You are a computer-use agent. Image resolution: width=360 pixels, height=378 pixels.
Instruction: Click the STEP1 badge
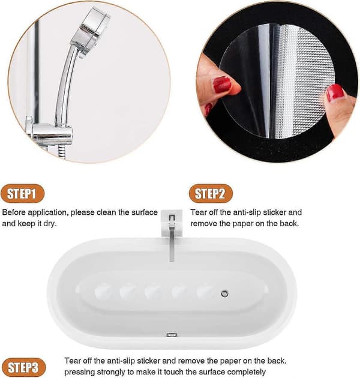[22, 193]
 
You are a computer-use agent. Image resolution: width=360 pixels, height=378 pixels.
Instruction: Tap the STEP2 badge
[211, 193]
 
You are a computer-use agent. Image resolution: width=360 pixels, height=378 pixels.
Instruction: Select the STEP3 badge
[23, 367]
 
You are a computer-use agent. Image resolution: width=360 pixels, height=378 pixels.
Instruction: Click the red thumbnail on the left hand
[222, 85]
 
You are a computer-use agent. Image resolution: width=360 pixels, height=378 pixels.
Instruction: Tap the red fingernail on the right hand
[335, 93]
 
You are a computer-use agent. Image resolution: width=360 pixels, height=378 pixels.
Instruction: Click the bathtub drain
[224, 293]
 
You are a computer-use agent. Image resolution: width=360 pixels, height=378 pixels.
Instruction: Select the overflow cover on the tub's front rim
[172, 334]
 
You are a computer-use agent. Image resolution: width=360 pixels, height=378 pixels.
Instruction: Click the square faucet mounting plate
[172, 223]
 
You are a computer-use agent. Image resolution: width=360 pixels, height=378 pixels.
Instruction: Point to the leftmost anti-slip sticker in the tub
[103, 291]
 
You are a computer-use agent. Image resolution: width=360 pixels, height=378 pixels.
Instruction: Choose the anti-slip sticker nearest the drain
[205, 291]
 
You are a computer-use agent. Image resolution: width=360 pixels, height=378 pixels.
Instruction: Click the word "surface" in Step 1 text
[145, 212]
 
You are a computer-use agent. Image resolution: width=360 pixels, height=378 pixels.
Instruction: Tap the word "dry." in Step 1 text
[50, 224]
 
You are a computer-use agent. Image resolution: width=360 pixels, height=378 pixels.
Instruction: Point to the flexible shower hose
[62, 152]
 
